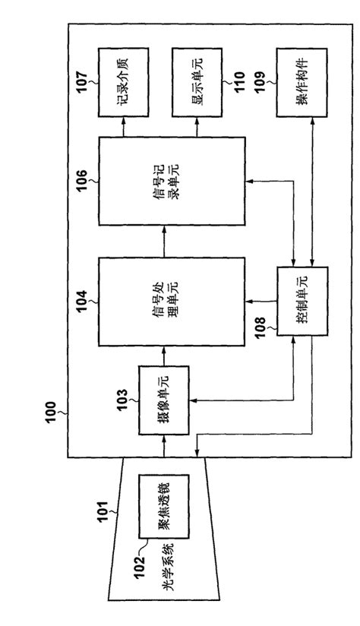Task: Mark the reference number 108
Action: point(260,329)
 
